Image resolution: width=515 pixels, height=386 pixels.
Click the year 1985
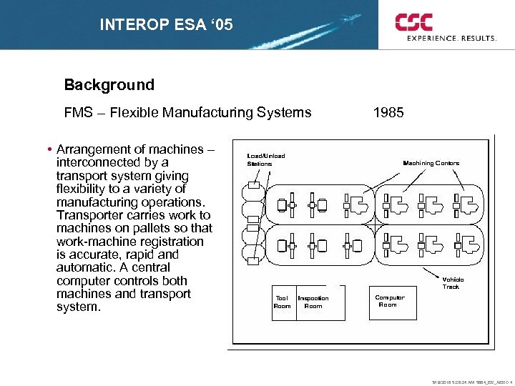coord(388,112)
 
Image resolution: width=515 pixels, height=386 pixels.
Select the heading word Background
coord(109,85)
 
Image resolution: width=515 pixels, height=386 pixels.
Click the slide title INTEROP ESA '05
coord(166,26)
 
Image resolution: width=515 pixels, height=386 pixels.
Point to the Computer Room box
coord(391,302)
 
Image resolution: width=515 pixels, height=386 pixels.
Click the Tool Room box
coord(283,302)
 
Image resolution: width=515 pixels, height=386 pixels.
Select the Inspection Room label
coord(313,302)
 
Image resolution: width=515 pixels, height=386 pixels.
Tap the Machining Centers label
coord(431,163)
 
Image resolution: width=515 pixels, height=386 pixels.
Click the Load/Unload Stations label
coord(265,159)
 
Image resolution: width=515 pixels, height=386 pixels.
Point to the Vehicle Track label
coord(452,283)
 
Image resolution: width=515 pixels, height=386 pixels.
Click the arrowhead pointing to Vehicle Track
coord(439,273)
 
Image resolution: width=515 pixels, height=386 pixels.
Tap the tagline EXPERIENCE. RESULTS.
coord(451,39)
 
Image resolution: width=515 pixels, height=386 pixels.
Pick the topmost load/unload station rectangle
coord(253,186)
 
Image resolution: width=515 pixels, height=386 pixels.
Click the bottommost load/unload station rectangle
coord(253,260)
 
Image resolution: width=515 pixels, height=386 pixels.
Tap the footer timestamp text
coord(469,381)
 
